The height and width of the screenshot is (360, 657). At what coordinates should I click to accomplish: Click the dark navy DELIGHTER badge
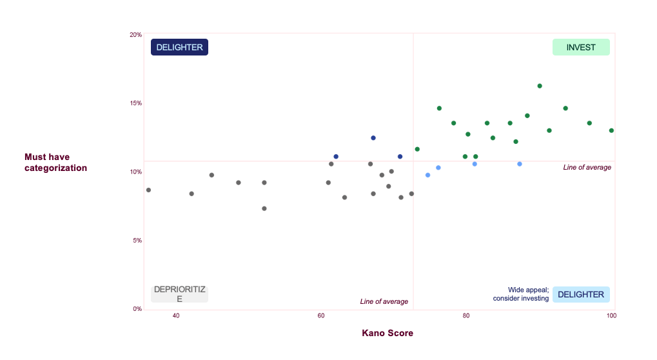[179, 47]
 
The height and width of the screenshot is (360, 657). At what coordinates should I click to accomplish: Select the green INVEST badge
[581, 47]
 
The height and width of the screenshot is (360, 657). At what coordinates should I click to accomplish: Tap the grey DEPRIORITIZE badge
[179, 294]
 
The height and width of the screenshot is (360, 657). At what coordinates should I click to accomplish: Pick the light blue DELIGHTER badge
[581, 294]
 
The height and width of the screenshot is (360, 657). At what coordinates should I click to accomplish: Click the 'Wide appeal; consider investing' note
[521, 294]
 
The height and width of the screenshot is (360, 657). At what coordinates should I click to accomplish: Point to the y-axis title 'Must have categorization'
[55, 163]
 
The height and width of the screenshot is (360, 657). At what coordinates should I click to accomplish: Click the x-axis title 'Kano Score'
[387, 333]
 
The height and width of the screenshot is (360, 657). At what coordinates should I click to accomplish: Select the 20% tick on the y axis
[135, 35]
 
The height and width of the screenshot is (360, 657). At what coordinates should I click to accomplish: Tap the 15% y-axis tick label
[135, 103]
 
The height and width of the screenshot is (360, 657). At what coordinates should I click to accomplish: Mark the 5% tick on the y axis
[135, 241]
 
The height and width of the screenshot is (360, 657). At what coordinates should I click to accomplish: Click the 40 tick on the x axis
[176, 315]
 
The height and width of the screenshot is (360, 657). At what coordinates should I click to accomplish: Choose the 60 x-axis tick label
[321, 315]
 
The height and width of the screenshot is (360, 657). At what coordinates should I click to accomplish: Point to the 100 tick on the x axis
[611, 315]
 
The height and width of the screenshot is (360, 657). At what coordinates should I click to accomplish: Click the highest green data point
[540, 86]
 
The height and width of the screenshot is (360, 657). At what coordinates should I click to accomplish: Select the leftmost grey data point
[148, 190]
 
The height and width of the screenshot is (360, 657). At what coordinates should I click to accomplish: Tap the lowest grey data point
[264, 208]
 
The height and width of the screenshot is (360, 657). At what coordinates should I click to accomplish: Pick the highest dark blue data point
[373, 138]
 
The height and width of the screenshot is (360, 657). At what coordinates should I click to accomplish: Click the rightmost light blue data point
[520, 164]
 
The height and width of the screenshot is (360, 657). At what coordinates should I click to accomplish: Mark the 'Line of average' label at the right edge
[587, 167]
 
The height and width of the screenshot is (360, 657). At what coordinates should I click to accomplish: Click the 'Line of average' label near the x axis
[384, 301]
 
